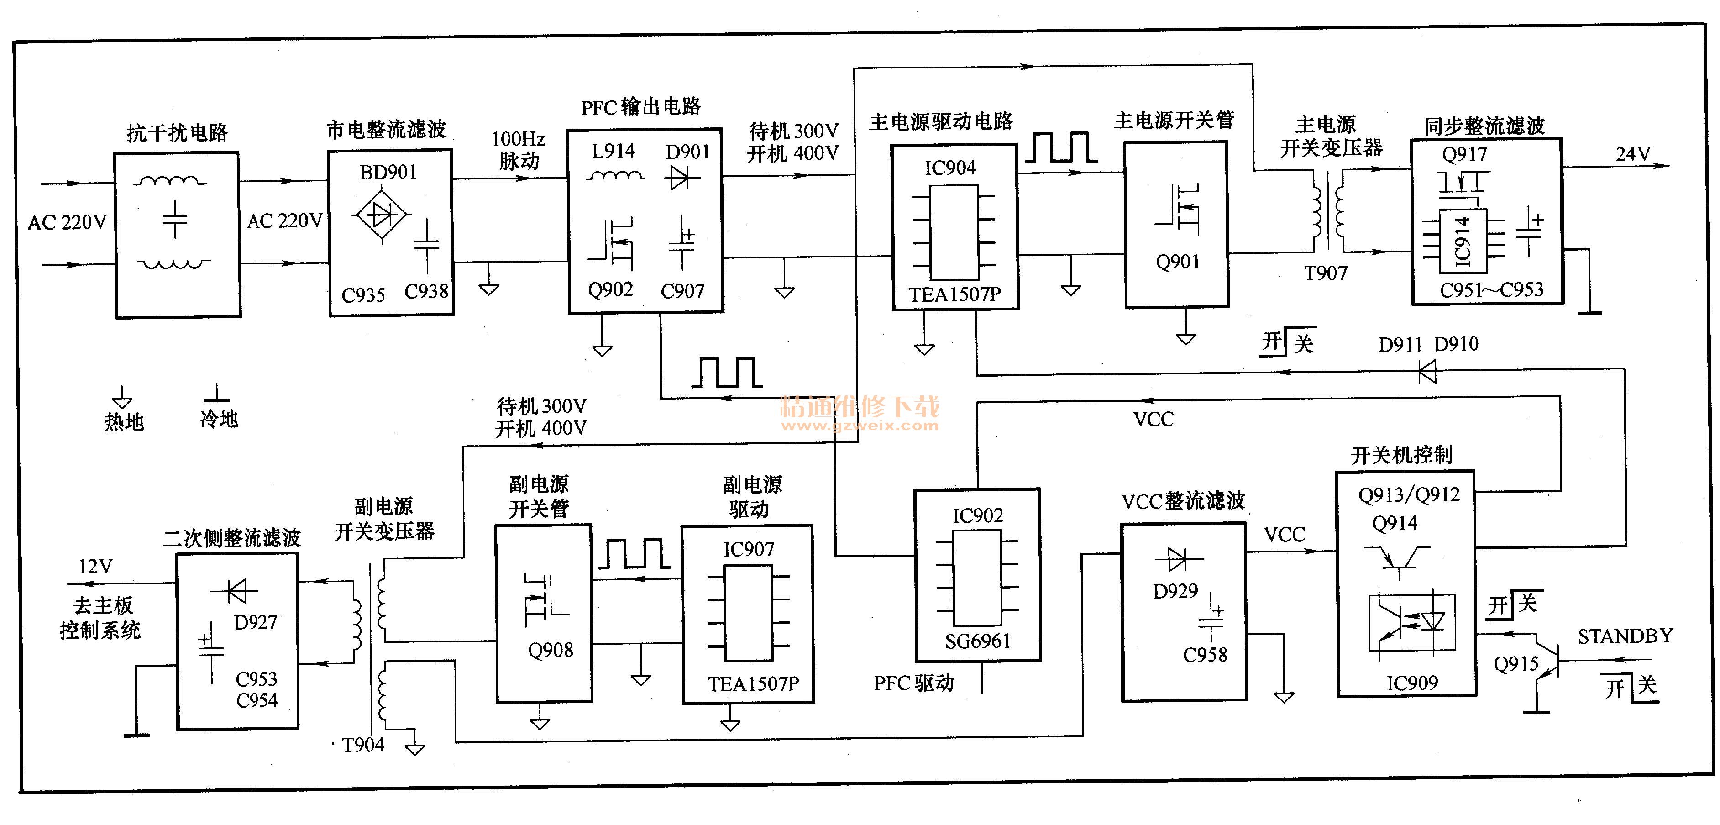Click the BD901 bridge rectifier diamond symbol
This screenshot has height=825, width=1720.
tap(381, 215)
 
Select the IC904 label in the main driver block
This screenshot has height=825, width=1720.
tap(949, 167)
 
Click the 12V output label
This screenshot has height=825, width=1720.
tap(95, 567)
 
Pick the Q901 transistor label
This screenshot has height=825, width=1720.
tap(1177, 261)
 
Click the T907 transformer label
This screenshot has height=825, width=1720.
tap(1326, 273)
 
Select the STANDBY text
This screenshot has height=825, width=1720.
tap(1625, 636)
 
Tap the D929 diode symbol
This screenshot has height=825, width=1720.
tap(1177, 559)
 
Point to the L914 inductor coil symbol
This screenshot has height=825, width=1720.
tap(614, 176)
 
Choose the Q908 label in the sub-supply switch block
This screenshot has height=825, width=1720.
tap(550, 649)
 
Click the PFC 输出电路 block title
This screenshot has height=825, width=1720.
tap(640, 107)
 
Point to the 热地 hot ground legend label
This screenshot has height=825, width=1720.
tap(124, 421)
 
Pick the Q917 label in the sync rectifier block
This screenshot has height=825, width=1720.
tap(1464, 154)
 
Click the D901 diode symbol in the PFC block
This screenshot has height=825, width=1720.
tap(681, 178)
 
